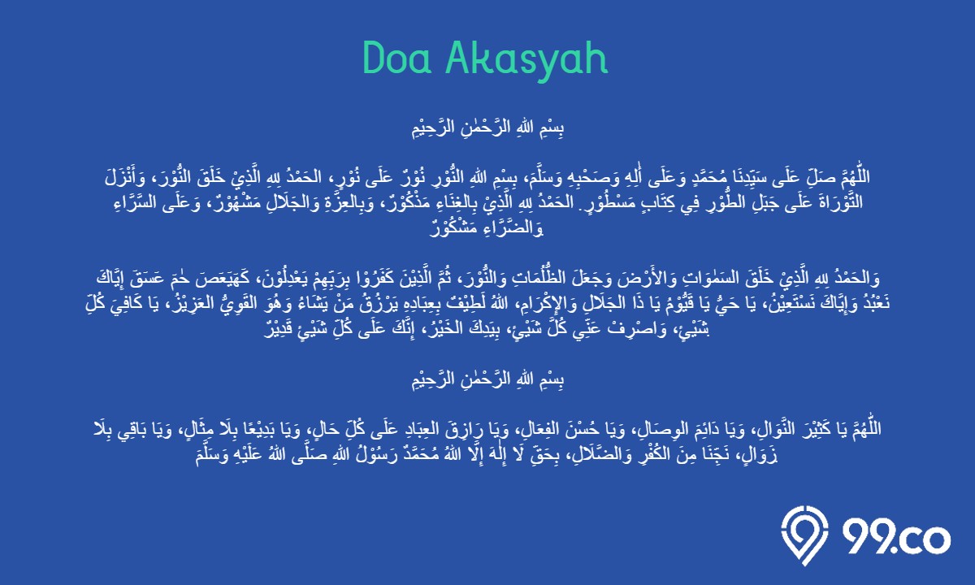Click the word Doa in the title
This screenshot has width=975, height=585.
point(397,58)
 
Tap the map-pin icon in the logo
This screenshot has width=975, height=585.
point(804,535)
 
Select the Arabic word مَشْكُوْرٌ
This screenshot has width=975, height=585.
point(453,228)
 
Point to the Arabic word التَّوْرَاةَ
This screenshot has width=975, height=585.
point(839,203)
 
